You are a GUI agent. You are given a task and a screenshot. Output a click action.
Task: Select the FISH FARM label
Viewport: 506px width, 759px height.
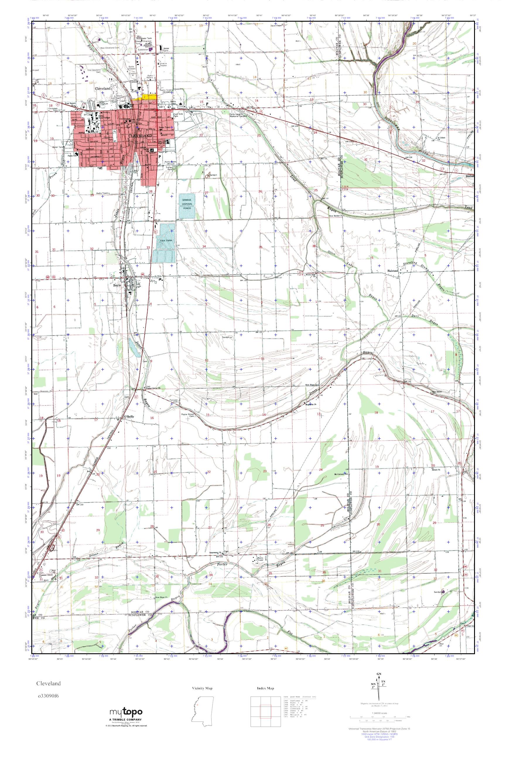(x=164, y=240)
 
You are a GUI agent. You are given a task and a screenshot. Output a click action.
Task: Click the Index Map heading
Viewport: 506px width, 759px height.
(x=266, y=688)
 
